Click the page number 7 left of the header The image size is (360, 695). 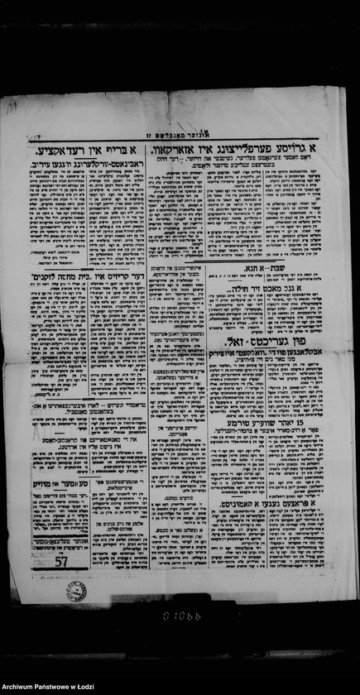(39, 135)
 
